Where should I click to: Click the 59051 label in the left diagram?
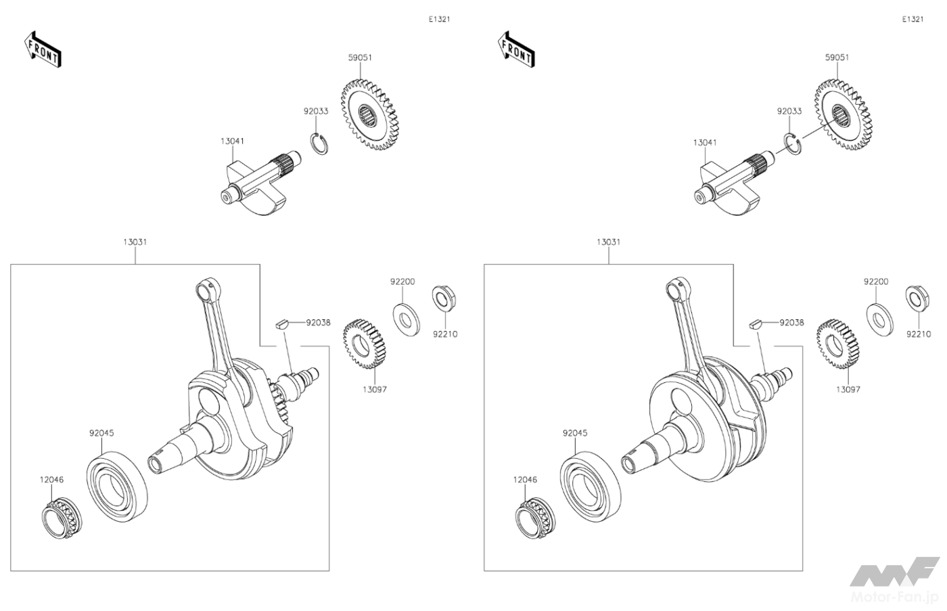click(360, 58)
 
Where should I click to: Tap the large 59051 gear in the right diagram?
click(843, 115)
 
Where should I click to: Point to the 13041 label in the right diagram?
click(705, 143)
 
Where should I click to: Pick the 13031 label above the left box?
click(135, 242)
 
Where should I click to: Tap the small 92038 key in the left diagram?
click(282, 323)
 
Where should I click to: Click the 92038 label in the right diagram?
click(791, 323)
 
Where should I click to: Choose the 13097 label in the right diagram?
click(848, 390)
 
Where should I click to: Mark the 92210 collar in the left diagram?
click(444, 299)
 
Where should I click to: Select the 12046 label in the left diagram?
click(51, 480)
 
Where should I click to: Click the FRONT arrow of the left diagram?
click(44, 49)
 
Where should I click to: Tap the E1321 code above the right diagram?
click(913, 20)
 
